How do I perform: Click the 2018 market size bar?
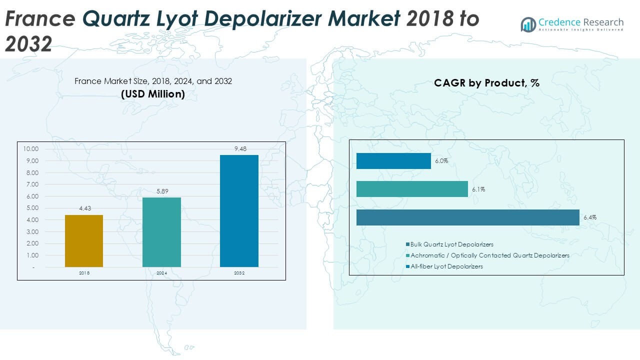point(84,241)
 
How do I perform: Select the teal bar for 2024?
point(161,232)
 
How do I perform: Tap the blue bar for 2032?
point(239,210)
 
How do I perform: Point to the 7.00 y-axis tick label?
point(31,184)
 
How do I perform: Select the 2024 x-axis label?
point(161,273)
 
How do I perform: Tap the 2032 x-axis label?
point(239,273)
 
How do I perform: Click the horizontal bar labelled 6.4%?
point(467,217)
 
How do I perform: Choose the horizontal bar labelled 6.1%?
point(412,189)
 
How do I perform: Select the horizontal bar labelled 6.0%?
point(393,161)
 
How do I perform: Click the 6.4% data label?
point(589,217)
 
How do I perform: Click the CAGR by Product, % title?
point(486,83)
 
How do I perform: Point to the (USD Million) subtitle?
point(153,93)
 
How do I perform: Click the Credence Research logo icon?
point(528,24)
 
